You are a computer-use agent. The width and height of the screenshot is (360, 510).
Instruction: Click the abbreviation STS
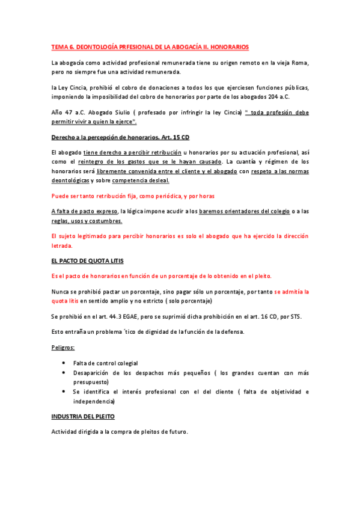coord(295,316)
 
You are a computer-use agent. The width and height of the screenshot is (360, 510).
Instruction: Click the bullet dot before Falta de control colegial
coord(64,363)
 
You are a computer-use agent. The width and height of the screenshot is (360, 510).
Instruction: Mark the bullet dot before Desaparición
coord(64,373)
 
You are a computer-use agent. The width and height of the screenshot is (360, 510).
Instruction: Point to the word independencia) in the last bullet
coord(93,401)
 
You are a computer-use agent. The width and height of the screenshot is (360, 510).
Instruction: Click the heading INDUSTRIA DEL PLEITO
coord(82,416)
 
